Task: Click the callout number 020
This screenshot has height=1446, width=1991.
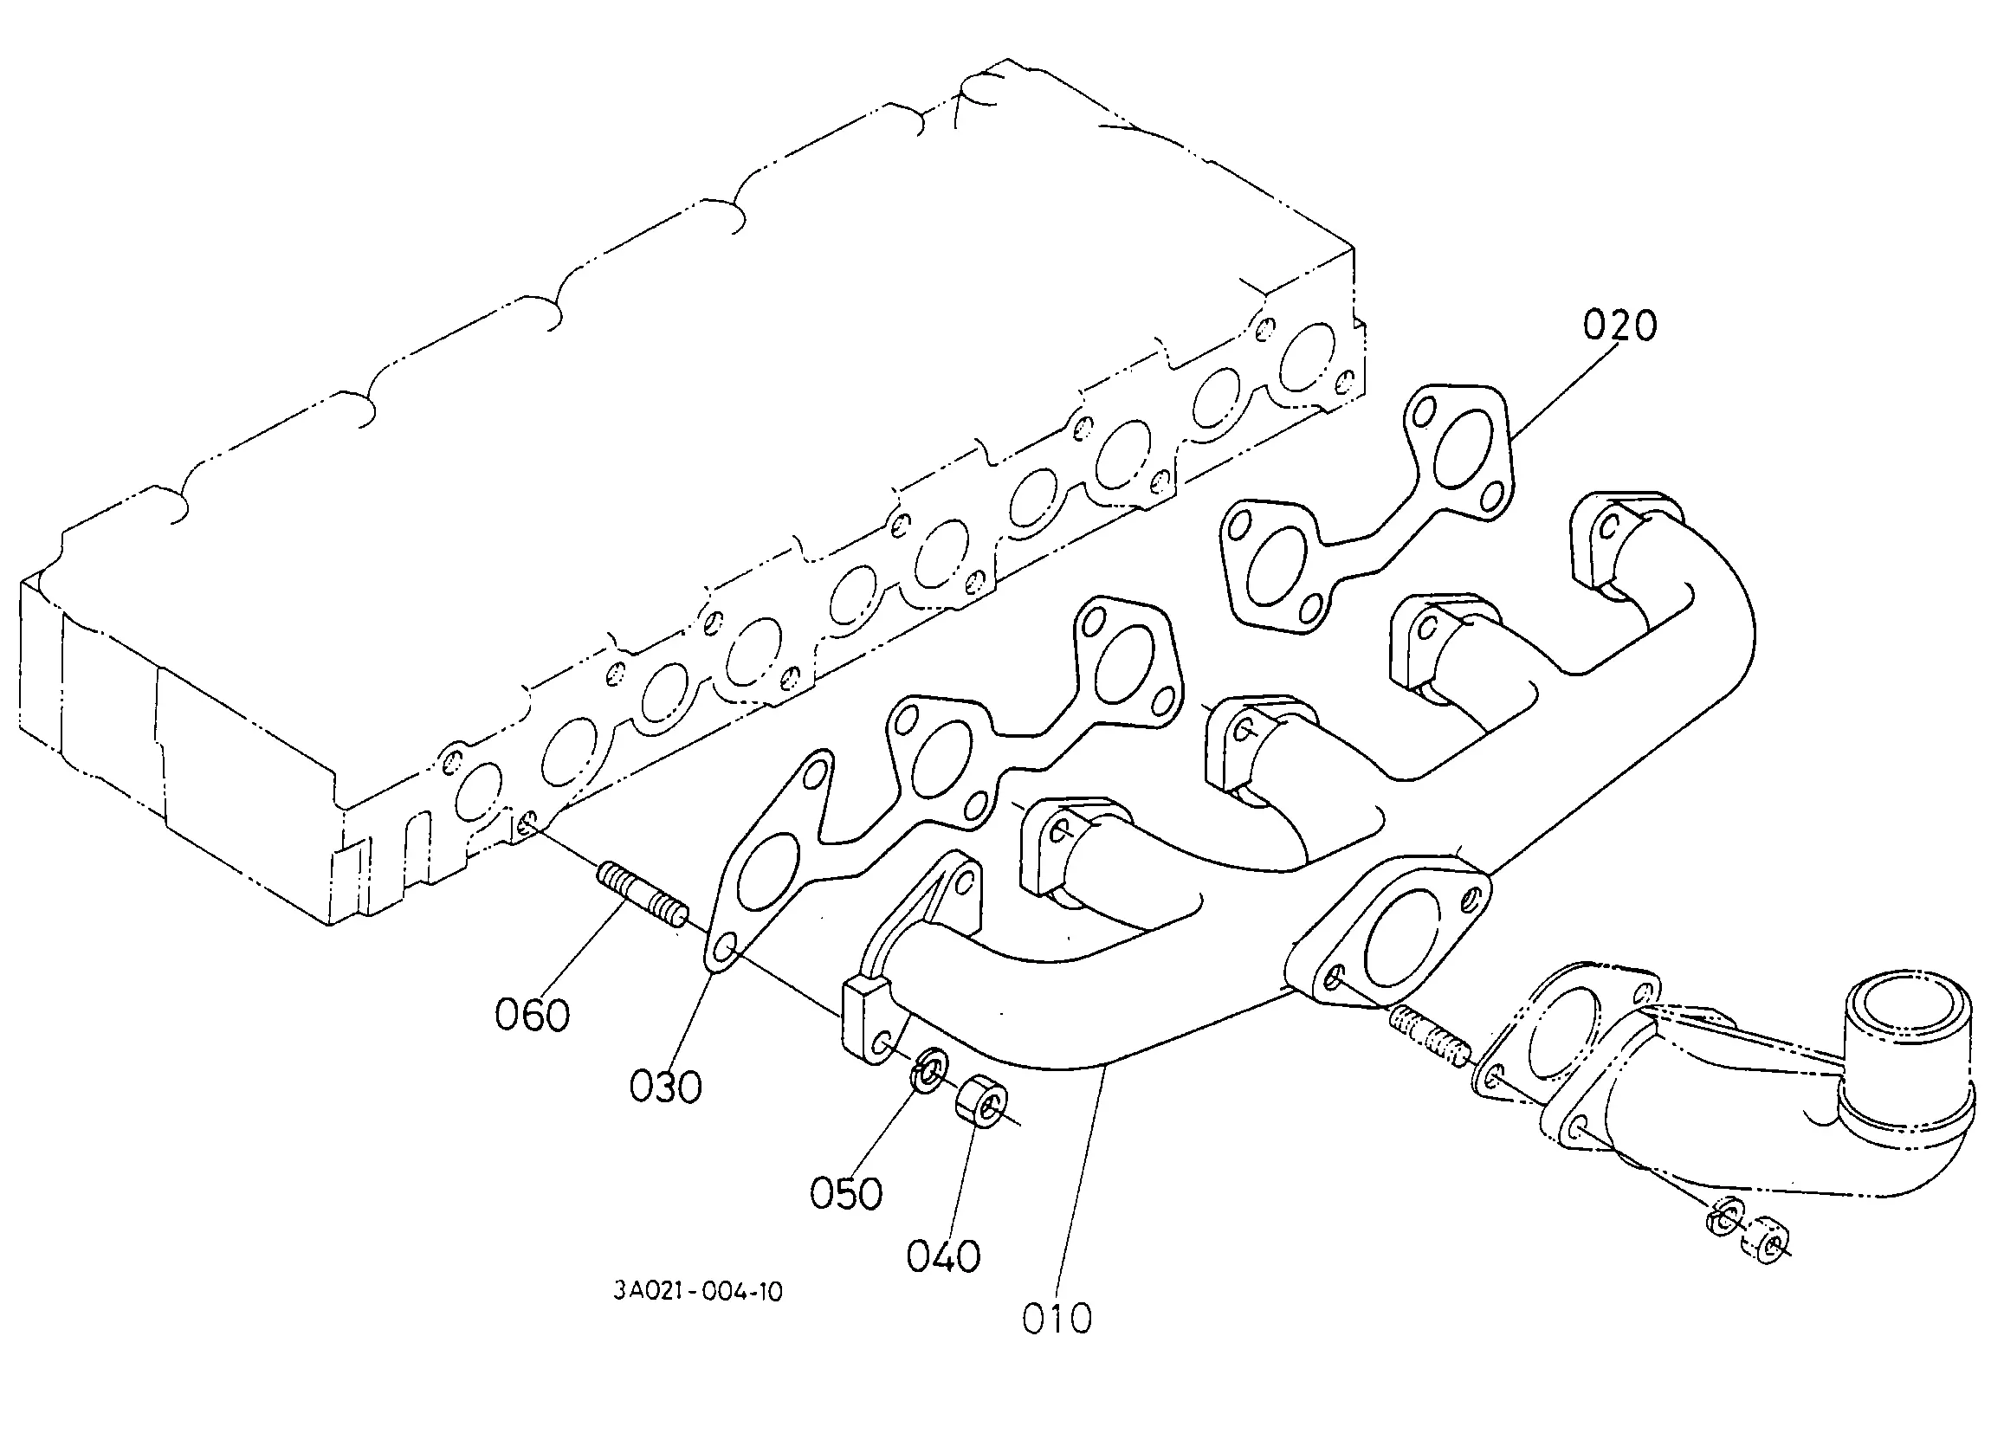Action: coord(1619,326)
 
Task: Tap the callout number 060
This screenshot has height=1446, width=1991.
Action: coord(532,1016)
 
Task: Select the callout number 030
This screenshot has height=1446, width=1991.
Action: coord(665,1088)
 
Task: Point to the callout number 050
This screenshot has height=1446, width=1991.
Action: coord(845,1194)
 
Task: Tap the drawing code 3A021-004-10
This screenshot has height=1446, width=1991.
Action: coord(698,1292)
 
